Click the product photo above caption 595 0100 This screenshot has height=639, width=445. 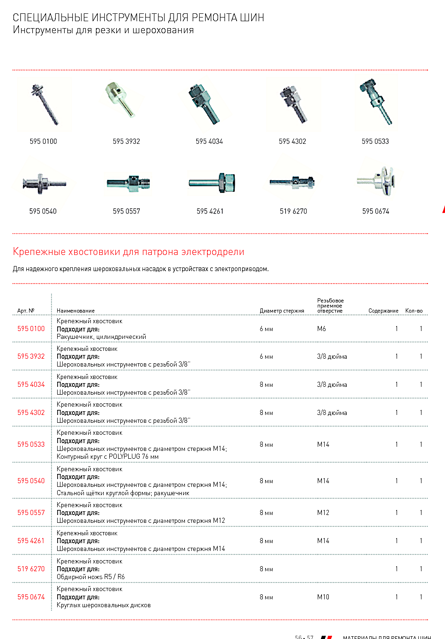coord(44,104)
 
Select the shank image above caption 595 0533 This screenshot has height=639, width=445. coord(375,101)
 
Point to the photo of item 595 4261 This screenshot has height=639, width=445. coord(213,183)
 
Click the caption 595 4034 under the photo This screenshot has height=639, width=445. coord(209,142)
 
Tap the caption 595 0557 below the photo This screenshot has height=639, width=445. coord(126,211)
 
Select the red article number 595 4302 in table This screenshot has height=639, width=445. coord(31,413)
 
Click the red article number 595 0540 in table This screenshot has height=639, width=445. coord(31,481)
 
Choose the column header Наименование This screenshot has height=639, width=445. coord(76,311)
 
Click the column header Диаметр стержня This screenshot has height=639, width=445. coord(282,311)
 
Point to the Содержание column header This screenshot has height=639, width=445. coord(383,311)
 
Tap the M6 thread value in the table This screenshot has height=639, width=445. coord(321,329)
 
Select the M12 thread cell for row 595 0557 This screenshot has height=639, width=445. coord(323,513)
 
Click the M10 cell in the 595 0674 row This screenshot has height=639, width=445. coord(323,597)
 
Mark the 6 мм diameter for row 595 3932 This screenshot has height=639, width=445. coord(266,356)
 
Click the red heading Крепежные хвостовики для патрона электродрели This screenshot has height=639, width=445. coord(129,252)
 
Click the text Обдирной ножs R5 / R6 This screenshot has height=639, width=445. coord(91,577)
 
